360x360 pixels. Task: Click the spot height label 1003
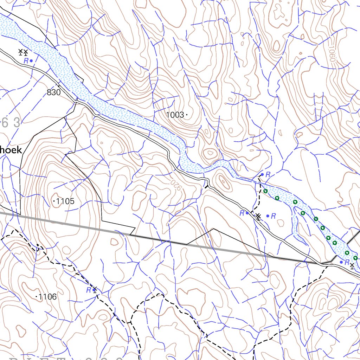[x=175, y=115]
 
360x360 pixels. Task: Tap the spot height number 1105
[x=65, y=201]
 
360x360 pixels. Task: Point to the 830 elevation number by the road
[x=53, y=93]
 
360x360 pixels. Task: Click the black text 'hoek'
[x=11, y=150]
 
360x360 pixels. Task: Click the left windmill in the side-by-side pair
[x=20, y=52]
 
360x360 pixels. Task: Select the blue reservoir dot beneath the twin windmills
[x=31, y=61]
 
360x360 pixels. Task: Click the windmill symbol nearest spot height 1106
[x=94, y=290]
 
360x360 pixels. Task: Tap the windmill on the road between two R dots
[x=258, y=216]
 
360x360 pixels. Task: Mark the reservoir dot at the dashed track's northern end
[x=262, y=174]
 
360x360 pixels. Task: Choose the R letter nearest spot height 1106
[x=89, y=290]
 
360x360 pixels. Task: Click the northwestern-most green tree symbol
[x=265, y=191]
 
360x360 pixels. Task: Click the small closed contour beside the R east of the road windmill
[x=281, y=222]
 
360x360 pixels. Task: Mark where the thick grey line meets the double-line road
[x=321, y=263]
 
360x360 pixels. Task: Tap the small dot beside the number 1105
[x=54, y=201]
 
